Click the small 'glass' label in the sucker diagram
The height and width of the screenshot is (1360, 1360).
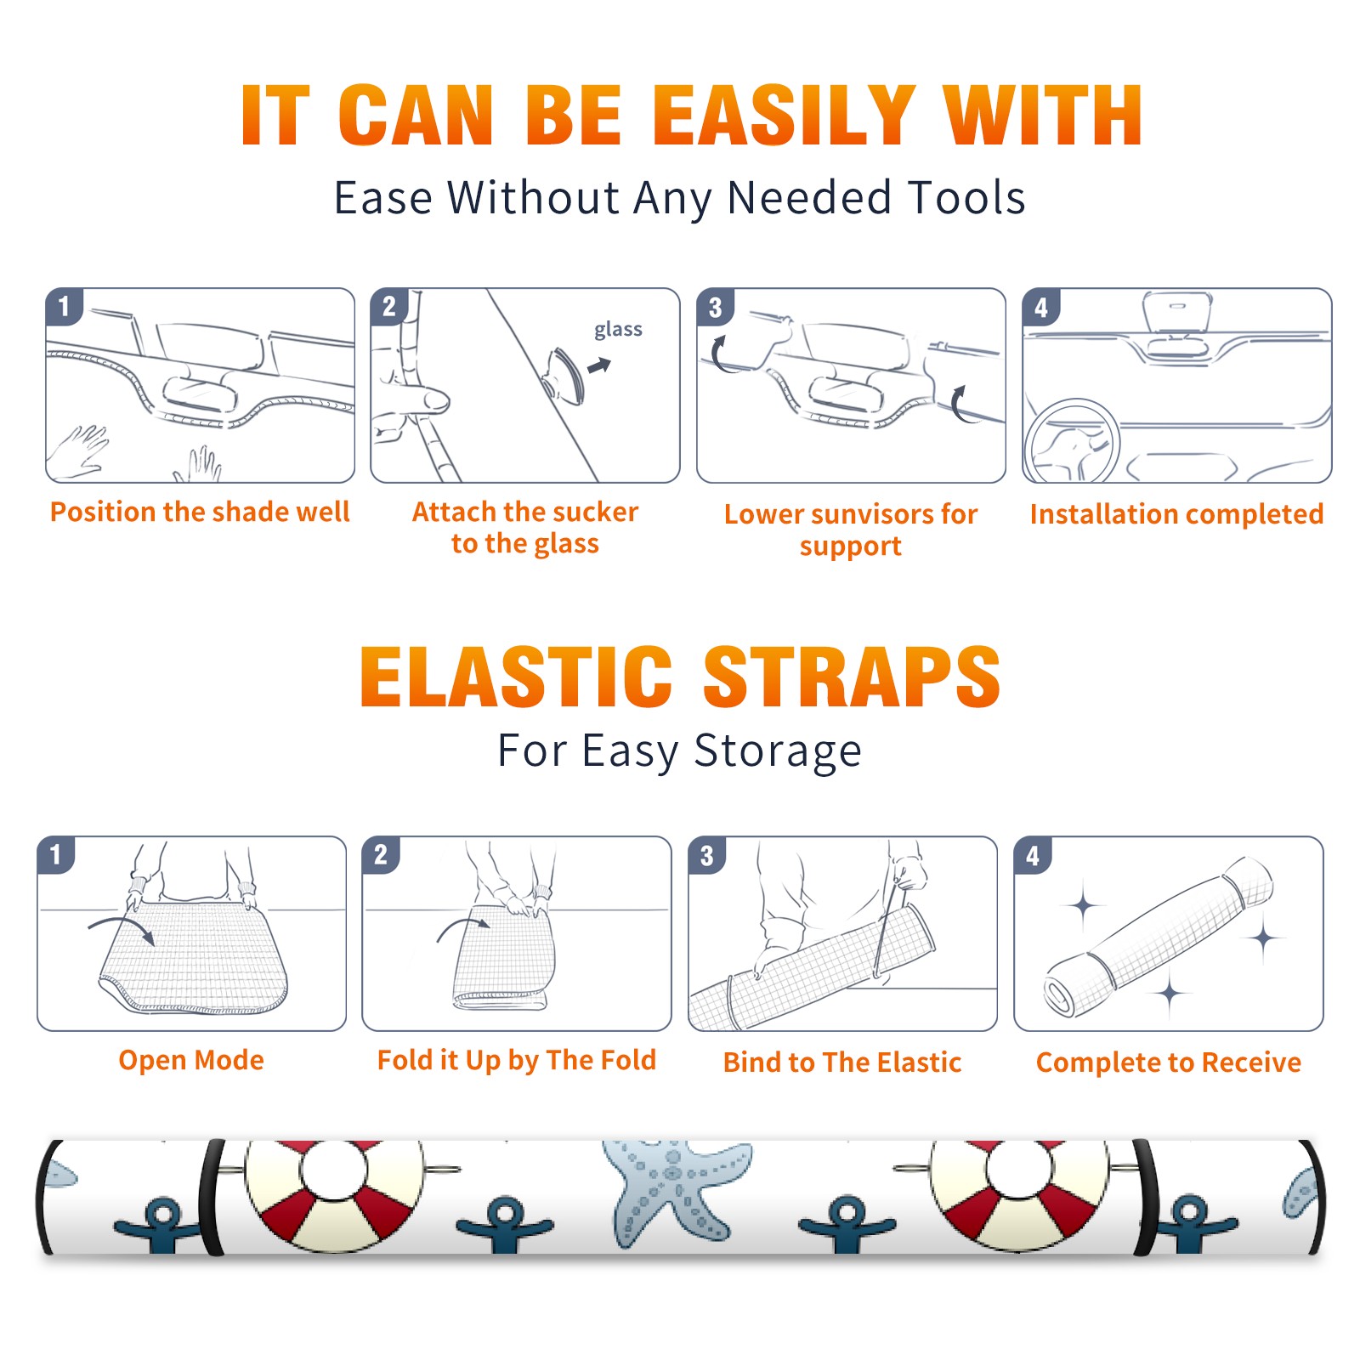click(618, 330)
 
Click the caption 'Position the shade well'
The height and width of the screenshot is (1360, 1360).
click(200, 512)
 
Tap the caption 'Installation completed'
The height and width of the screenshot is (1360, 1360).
click(1176, 514)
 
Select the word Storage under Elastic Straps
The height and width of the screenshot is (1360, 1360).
click(778, 751)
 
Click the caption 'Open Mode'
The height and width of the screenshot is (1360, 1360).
click(191, 1060)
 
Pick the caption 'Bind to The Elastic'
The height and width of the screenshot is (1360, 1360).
click(842, 1062)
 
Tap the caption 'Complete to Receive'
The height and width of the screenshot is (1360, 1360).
click(1169, 1062)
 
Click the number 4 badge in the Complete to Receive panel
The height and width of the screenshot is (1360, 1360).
click(1033, 855)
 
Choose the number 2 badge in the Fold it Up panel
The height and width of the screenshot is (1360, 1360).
click(381, 855)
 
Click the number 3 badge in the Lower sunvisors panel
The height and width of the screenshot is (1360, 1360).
click(715, 307)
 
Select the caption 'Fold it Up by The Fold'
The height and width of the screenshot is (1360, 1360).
click(517, 1061)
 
